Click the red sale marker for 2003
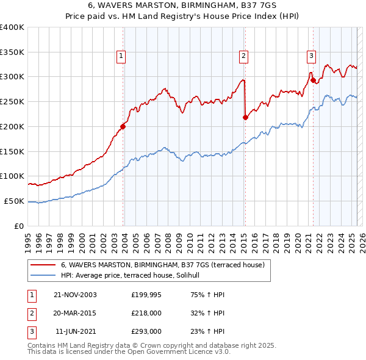pyautogui.click(x=123, y=127)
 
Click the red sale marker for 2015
pyautogui.click(x=245, y=118)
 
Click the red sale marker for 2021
pyautogui.click(x=313, y=80)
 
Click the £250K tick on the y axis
pyautogui.click(x=12, y=102)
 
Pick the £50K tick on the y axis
pyautogui.click(x=14, y=201)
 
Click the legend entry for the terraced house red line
pyautogui.click(x=162, y=265)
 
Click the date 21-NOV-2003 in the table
pyautogui.click(x=75, y=295)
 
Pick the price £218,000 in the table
pyautogui.click(x=146, y=313)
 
